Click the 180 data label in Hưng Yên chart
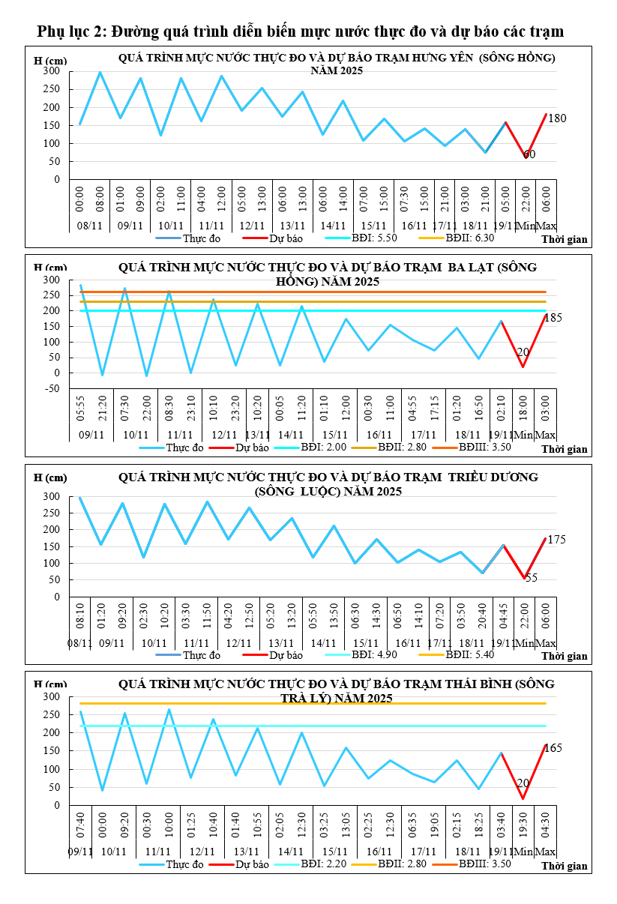[557, 118]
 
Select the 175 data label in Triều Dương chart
[556, 540]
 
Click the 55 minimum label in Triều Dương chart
[531, 578]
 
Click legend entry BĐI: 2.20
[322, 864]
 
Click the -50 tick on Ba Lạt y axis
[50, 388]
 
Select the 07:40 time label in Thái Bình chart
[80, 828]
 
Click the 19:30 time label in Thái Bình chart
[523, 828]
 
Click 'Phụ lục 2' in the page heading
[71, 31]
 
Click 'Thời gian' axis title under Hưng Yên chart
[565, 240]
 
